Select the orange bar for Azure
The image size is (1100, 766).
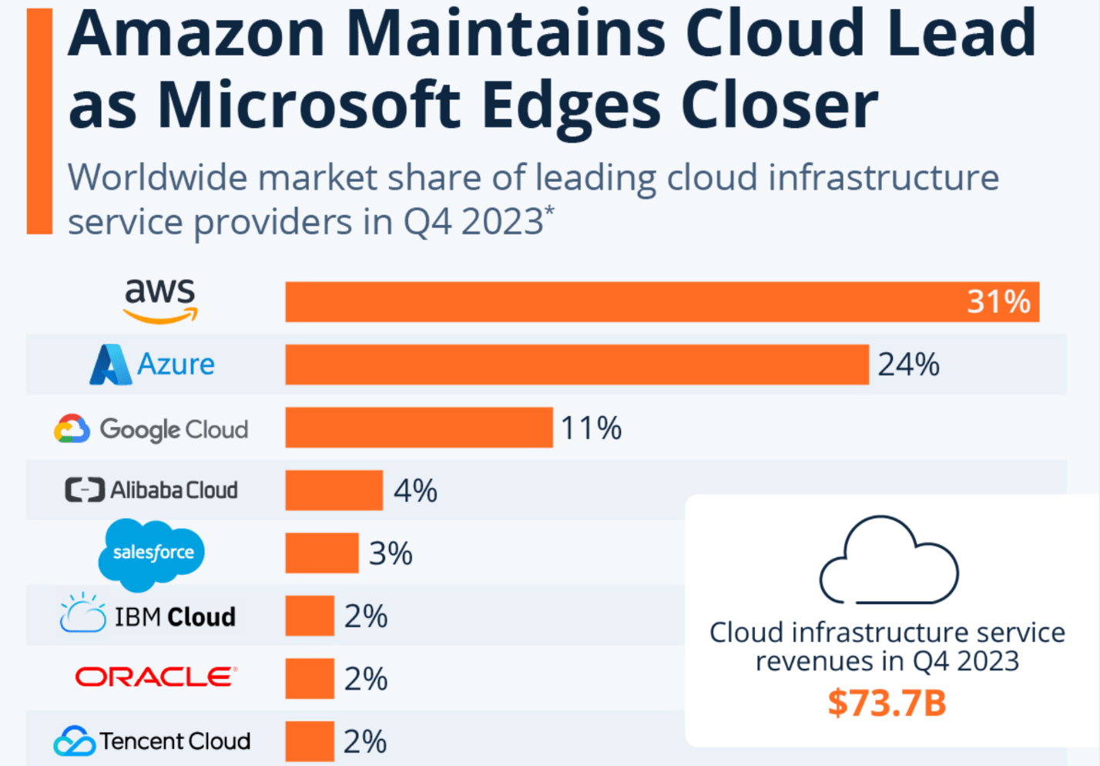pos(576,365)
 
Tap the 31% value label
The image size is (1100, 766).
pos(998,301)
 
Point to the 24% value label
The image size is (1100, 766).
pos(908,365)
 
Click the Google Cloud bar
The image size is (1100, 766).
pos(418,428)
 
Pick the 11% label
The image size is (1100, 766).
pos(591,428)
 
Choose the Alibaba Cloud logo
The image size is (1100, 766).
pos(152,490)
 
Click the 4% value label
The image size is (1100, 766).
pos(415,491)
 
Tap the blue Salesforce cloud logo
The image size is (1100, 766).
pos(153,553)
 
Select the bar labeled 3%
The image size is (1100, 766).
pos(321,553)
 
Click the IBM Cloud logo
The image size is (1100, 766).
pos(149,616)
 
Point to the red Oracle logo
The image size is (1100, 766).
pos(156,677)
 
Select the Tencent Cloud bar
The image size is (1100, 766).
pos(309,741)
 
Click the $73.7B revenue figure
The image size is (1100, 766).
pos(887,703)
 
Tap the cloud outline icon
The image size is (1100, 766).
pos(888,560)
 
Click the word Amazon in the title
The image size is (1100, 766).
pos(197,35)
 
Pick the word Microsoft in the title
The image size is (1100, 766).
pos(308,106)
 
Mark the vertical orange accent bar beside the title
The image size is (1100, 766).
pos(39,121)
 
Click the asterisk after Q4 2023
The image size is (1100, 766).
pos(549,210)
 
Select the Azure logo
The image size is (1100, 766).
pos(153,365)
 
